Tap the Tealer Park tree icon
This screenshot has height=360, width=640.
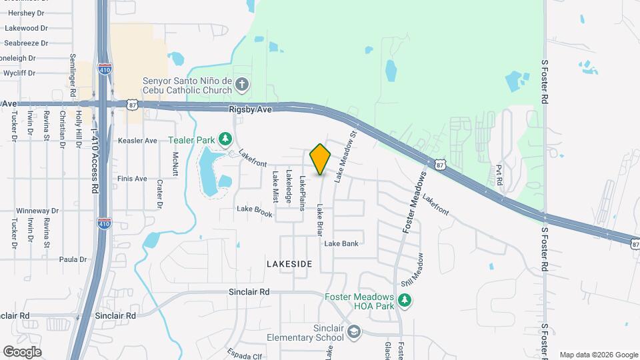(x=226, y=138)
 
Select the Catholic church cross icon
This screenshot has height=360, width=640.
(x=242, y=85)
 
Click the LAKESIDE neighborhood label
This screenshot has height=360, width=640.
(x=289, y=264)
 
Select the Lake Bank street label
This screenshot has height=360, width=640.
(x=341, y=243)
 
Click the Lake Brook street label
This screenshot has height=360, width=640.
(x=255, y=210)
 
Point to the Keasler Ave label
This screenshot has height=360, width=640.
(x=137, y=141)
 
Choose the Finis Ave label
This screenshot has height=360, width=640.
(x=131, y=179)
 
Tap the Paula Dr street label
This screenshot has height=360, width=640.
(x=73, y=259)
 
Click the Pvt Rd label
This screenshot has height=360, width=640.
(x=498, y=175)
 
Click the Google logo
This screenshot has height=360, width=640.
(x=21, y=351)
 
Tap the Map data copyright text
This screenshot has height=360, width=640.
(x=599, y=355)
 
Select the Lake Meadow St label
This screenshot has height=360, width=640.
(x=347, y=156)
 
